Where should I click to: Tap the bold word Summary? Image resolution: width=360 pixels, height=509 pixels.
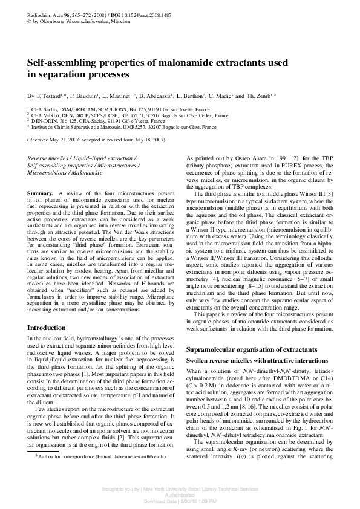pyautogui.click(x=40, y=192)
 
